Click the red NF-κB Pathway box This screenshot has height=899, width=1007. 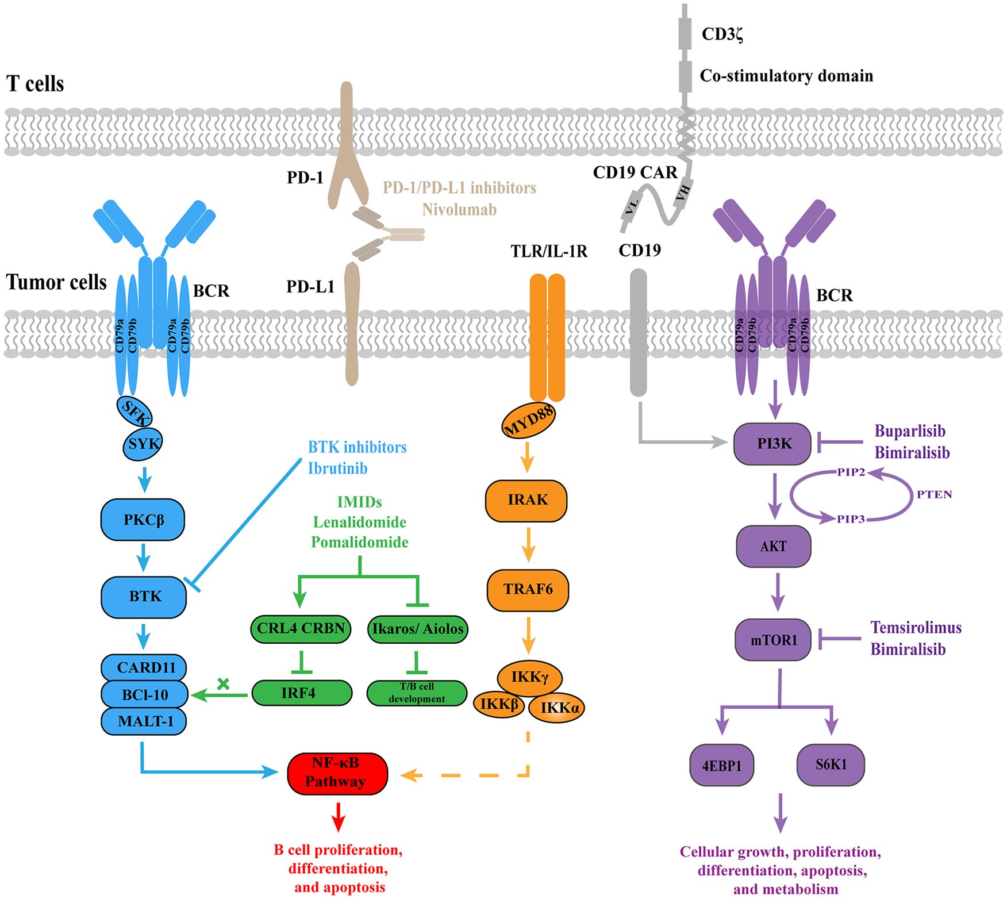337,773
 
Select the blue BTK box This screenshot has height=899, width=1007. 144,597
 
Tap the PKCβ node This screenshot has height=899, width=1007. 143,520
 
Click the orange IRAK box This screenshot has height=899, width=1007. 526,501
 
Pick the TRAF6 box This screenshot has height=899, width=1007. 528,590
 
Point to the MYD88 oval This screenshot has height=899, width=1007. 528,421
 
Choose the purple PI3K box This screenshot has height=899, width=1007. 772,444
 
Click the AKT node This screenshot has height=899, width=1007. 774,546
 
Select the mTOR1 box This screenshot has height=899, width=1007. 773,639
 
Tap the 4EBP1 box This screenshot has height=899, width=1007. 722,765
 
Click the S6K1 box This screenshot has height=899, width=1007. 831,764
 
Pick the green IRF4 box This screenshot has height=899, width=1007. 302,693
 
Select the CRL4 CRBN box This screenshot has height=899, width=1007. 301,629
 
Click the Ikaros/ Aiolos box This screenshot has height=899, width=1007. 418,629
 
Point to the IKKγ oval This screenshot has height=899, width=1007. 529,678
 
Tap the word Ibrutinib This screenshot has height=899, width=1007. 337,468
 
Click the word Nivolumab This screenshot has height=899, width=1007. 459,209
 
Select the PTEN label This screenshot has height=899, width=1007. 934,494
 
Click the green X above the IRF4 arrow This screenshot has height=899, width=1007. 223,683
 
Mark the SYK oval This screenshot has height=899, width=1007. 143,444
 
